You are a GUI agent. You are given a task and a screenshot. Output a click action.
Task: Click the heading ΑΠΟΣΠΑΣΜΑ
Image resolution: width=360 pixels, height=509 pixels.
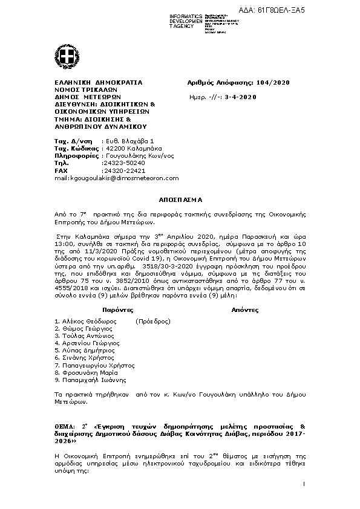click(180, 199)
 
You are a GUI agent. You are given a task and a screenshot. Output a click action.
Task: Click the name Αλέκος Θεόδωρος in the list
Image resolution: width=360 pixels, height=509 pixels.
click(87, 321)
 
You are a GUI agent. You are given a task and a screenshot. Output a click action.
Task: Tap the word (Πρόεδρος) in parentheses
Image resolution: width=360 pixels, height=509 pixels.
click(152, 321)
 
